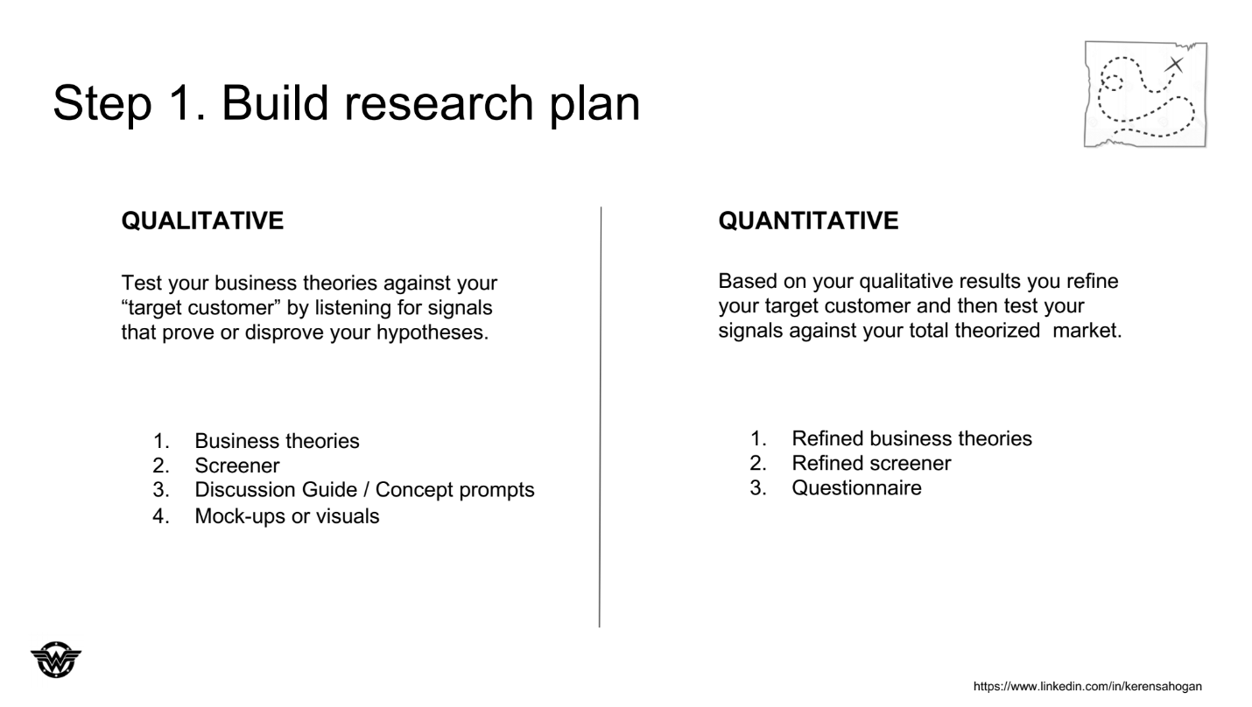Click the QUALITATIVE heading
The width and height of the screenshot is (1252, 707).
pos(202,220)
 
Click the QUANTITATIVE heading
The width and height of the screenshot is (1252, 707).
pos(808,220)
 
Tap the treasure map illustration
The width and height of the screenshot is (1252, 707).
pos(1145,94)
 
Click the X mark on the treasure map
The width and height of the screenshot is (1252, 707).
pos(1175,65)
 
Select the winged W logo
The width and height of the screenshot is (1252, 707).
pos(56,660)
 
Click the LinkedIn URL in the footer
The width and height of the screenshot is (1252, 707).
pos(1087,686)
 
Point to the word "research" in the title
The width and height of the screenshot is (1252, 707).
pos(439,102)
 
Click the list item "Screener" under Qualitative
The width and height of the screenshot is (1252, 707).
pos(237,465)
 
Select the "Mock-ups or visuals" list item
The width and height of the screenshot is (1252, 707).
pos(286,516)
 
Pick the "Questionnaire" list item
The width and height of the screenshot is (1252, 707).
pos(856,487)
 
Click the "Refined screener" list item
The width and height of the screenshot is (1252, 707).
pos(871,463)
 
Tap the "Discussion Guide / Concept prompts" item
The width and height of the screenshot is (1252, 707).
pos(364,490)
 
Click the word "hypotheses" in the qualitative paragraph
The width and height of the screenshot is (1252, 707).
pos(432,332)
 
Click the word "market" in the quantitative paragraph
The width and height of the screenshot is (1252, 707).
pos(1087,330)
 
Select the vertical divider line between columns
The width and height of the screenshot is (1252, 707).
pos(601,416)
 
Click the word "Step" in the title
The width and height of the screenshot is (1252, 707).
pos(102,102)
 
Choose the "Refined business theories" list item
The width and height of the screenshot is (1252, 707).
pos(912,438)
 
